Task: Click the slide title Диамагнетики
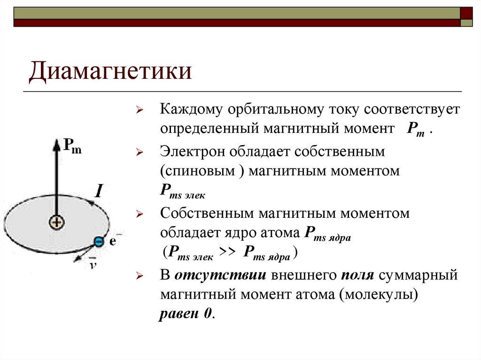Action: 111,72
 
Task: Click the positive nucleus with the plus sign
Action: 56,222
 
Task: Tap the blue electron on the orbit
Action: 99,242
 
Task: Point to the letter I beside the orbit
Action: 99,191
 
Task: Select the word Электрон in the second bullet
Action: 193,152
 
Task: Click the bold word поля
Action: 357,275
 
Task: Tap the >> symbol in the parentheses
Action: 228,252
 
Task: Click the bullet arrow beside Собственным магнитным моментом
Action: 139,214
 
